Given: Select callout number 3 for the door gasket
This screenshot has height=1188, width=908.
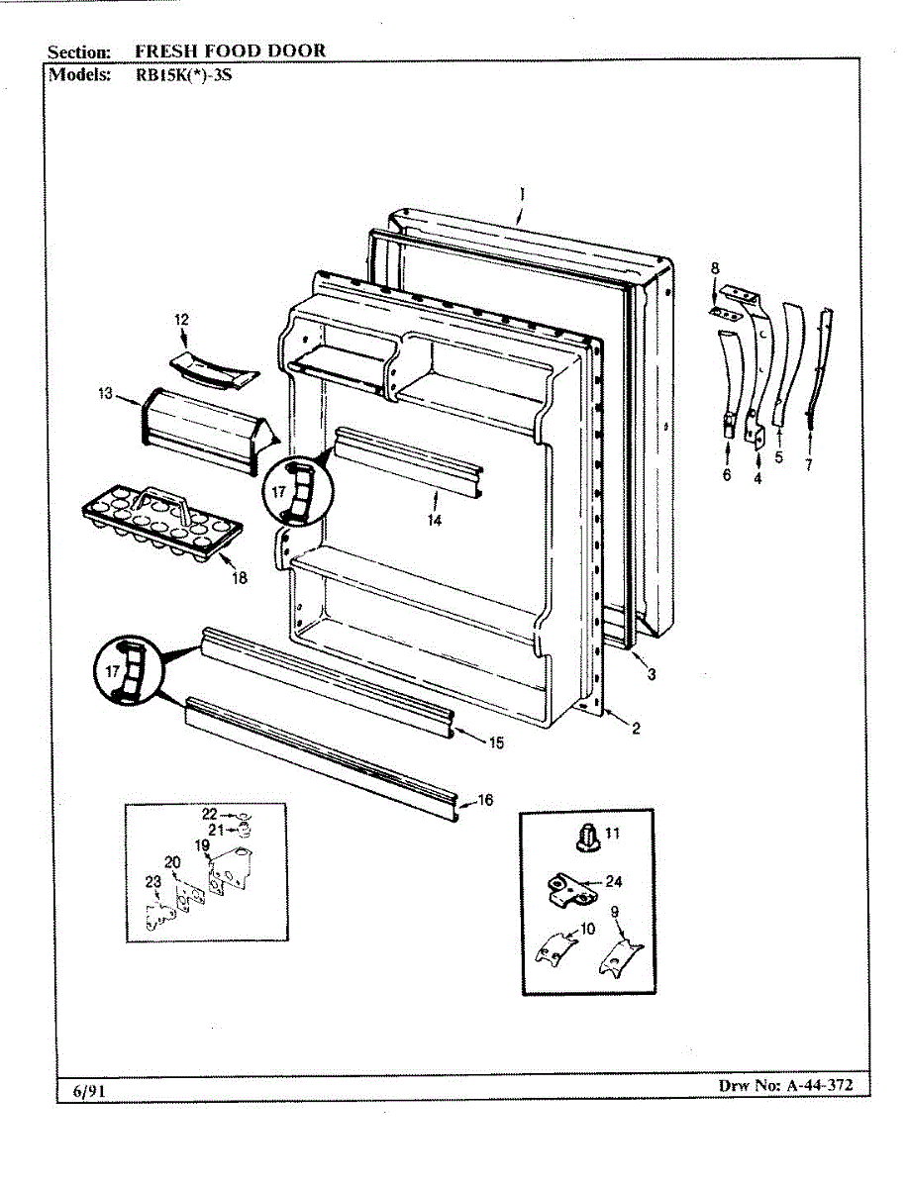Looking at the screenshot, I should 651,675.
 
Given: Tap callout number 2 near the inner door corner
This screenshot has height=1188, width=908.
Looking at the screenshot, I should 635,730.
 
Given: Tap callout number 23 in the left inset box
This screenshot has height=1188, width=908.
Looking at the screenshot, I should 152,882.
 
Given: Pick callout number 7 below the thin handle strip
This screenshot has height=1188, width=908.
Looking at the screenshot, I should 808,465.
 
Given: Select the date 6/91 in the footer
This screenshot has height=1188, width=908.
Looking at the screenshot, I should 88,1092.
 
